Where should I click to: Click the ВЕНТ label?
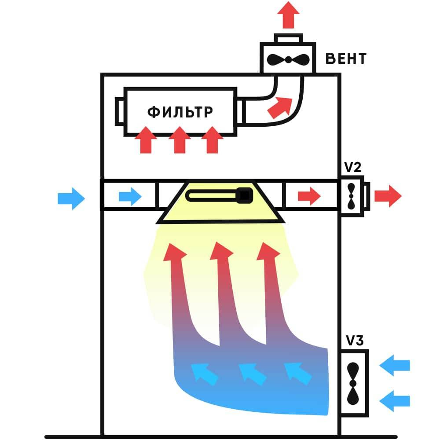[346, 59]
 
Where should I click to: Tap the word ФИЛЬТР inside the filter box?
[180, 112]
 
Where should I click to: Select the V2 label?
[352, 167]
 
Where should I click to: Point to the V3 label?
[354, 341]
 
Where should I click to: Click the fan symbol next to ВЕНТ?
[288, 59]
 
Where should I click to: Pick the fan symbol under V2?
[351, 196]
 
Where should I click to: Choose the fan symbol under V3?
[353, 383]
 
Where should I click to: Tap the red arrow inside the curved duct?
[280, 107]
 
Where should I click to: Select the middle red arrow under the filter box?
[180, 140]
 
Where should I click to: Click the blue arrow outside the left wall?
[71, 198]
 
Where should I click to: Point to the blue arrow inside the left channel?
[130, 196]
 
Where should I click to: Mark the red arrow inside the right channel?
[309, 196]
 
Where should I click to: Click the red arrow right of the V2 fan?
[388, 196]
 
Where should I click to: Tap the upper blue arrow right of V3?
[395, 365]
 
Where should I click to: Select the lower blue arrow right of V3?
[395, 401]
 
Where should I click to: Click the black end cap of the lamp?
[244, 195]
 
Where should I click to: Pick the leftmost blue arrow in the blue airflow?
[204, 374]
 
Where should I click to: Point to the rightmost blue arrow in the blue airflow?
[298, 373]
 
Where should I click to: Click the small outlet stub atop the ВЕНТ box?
[289, 38]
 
